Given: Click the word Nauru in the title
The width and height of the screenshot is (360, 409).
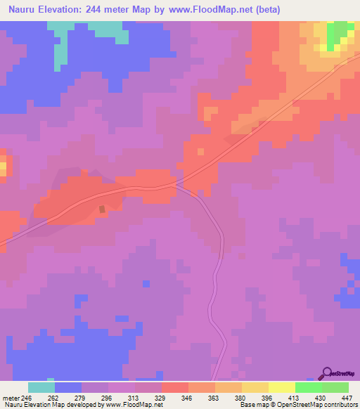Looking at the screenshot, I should click(x=23, y=10).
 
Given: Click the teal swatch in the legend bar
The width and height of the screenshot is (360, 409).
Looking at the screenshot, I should click(x=41, y=387).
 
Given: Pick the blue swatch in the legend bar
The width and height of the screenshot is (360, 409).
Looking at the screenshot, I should click(x=68, y=387).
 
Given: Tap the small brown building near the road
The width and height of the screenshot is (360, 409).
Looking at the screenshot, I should click(x=103, y=209).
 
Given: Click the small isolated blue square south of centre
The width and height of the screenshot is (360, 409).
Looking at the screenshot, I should click(x=146, y=283).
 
